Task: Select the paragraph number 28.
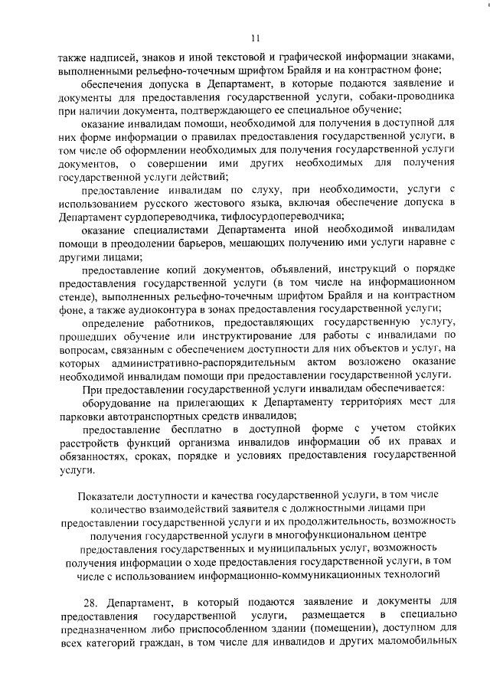[x=91, y=603]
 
